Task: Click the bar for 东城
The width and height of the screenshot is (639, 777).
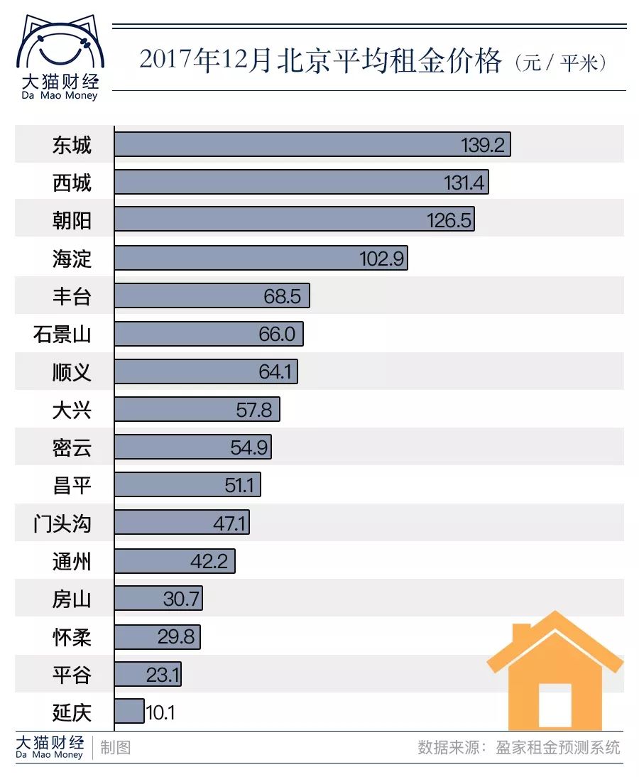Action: click(x=312, y=145)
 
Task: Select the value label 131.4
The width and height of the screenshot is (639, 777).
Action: click(x=464, y=183)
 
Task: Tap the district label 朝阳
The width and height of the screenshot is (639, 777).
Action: click(x=72, y=221)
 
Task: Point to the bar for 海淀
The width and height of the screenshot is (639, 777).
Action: click(x=261, y=259)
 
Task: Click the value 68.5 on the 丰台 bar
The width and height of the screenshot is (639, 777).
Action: click(x=283, y=296)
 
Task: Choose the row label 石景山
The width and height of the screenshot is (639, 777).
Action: click(x=62, y=334)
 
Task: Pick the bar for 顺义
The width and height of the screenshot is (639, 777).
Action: click(x=206, y=371)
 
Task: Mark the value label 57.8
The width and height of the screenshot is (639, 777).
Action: click(x=253, y=410)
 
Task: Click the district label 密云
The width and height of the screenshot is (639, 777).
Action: click(x=72, y=447)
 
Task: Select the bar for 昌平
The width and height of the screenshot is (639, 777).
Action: click(x=187, y=485)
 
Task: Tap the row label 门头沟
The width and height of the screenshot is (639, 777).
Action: click(x=62, y=524)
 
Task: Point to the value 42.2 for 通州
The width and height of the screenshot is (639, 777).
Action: click(x=209, y=562)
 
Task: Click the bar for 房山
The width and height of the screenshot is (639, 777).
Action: click(x=158, y=599)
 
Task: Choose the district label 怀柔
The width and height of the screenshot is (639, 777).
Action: click(x=72, y=637)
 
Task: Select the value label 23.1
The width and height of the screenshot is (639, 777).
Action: click(x=162, y=675)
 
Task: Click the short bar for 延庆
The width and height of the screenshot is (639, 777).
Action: click(x=129, y=712)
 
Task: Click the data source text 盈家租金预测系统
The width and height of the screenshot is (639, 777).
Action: click(x=558, y=747)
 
